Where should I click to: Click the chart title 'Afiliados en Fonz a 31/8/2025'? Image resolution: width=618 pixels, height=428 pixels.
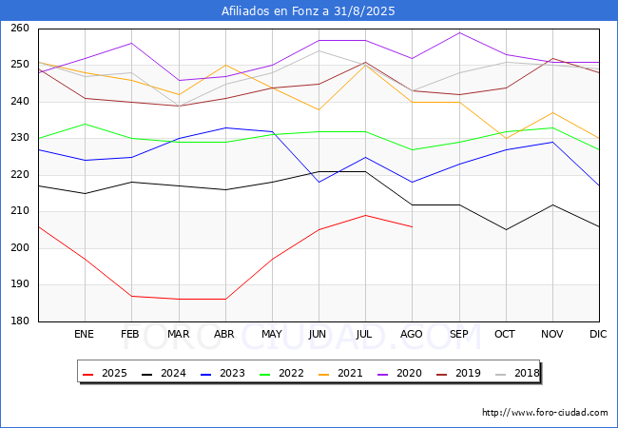pos(308,10)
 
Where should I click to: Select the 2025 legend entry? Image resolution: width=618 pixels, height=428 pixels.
pos(105,373)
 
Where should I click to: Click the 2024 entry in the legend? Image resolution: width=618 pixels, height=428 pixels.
pos(164,373)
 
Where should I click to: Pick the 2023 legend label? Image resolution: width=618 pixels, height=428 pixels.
pos(222,373)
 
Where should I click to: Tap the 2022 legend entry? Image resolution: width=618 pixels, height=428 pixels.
pos(281,373)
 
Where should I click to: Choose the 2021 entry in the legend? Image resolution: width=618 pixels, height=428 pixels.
pos(340,373)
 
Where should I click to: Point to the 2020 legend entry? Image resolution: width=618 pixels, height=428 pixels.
pos(399,373)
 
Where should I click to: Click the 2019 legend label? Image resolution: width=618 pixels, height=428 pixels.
pos(458,373)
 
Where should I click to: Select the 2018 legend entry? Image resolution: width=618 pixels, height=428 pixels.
pos(517,373)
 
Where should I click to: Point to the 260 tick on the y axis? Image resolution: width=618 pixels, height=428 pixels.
pos(20,28)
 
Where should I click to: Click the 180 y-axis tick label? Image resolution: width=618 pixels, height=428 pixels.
pos(20,321)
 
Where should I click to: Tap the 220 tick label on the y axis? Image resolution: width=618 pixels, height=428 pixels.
pos(20,174)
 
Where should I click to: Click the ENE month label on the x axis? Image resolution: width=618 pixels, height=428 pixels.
pos(84,334)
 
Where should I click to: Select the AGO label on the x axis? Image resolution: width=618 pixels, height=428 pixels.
pos(412,334)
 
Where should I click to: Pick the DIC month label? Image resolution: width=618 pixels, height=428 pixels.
pos(598,334)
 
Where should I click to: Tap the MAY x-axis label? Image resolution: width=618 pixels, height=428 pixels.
pos(272,334)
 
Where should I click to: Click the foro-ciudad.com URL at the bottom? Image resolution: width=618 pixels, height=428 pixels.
pos(545,412)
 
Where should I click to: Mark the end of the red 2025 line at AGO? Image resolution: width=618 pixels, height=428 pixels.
pos(413,227)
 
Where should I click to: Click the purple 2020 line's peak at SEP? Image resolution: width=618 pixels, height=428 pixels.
pos(459,32)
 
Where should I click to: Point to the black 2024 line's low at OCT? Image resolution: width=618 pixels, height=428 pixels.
pos(506,230)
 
